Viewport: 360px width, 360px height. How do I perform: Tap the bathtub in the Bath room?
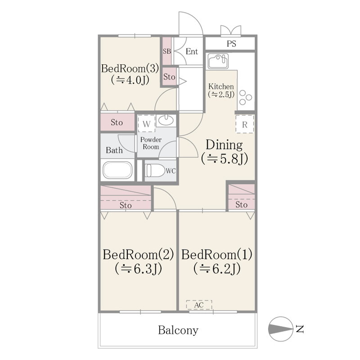click(x=117, y=170)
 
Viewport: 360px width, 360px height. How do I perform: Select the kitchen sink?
click(x=218, y=61)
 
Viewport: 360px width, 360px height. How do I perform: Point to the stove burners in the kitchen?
click(x=245, y=98)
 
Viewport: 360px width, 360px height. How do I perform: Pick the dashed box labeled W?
click(x=147, y=123)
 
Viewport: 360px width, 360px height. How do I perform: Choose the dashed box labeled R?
click(x=245, y=124)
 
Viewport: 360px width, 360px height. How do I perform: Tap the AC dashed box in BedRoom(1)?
click(x=199, y=305)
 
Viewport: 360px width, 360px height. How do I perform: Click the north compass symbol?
click(x=280, y=329)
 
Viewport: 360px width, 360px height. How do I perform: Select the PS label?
click(x=231, y=44)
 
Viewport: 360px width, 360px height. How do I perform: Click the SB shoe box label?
click(x=167, y=51)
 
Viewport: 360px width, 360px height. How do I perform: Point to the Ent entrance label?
click(x=192, y=51)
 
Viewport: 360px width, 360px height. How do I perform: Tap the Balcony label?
click(x=178, y=330)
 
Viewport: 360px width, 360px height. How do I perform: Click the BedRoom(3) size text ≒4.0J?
click(x=130, y=80)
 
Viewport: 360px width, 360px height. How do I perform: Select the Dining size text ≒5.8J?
click(x=225, y=159)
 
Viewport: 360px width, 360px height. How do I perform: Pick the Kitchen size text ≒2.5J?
click(x=221, y=94)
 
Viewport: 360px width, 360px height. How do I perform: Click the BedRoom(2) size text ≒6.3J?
click(x=139, y=268)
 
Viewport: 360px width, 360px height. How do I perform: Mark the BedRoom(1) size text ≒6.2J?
click(x=217, y=268)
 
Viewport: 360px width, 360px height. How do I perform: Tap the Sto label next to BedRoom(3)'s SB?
click(x=169, y=76)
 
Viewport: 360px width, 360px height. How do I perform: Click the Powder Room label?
click(x=151, y=143)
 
